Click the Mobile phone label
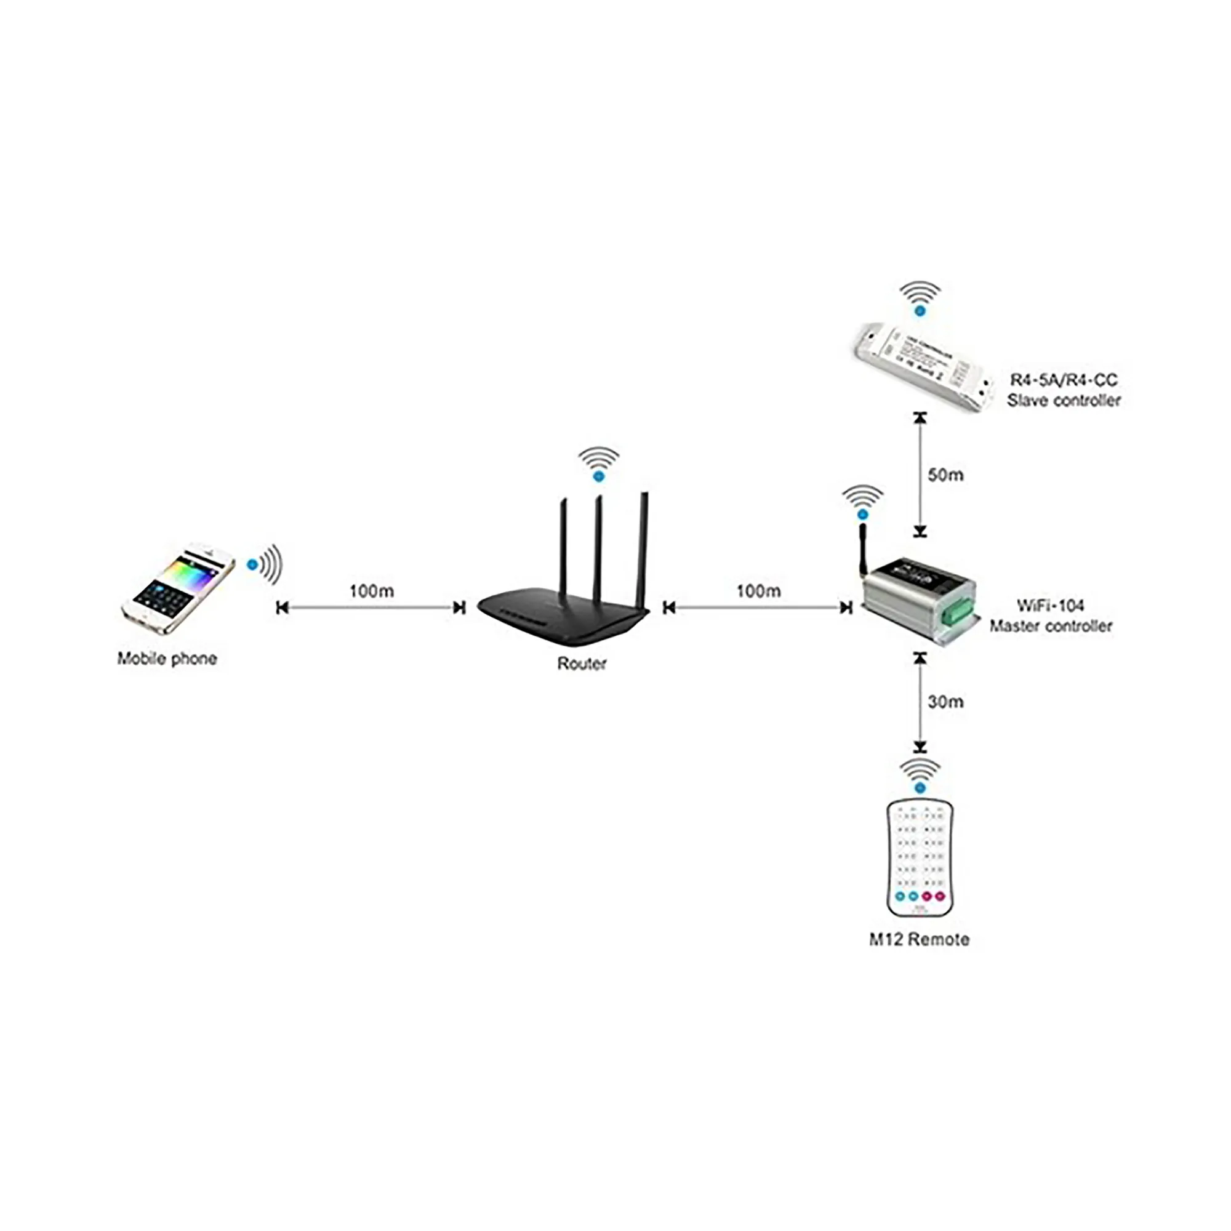point(167,659)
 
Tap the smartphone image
point(178,590)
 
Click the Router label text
point(581,664)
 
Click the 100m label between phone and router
point(372,591)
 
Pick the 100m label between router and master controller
point(758,591)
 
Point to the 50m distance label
point(945,475)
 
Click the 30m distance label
point(945,702)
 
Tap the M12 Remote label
point(919,940)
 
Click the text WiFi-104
point(1050,605)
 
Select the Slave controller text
point(1064,401)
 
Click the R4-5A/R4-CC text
point(1064,380)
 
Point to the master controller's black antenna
point(864,548)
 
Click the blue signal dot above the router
point(598,476)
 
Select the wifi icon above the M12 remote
point(919,774)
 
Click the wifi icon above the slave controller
point(919,300)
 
